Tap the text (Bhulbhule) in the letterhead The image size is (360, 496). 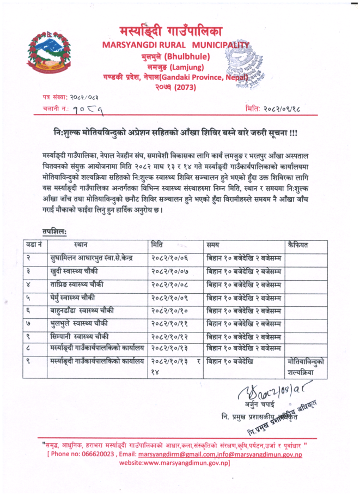187,56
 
